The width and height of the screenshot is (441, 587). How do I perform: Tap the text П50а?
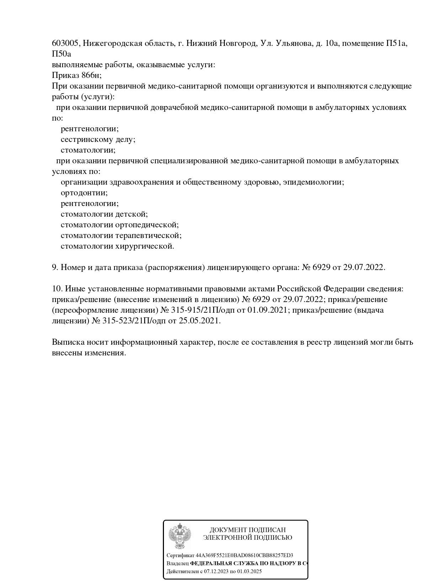coord(62,54)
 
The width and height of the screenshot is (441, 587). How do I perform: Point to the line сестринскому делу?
coord(98,139)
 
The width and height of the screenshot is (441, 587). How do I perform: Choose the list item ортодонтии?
coord(84,193)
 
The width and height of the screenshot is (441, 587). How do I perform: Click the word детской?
coord(132,214)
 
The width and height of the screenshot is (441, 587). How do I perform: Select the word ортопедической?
coord(147,225)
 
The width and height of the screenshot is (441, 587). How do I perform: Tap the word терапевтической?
coord(148,236)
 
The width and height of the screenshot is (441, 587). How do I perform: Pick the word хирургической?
coord(145,246)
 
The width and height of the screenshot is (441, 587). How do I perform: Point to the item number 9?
coord(55,268)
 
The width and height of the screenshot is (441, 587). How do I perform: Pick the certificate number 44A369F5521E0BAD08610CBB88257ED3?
coord(244,555)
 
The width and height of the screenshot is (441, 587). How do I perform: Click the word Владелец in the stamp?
coord(177,564)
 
